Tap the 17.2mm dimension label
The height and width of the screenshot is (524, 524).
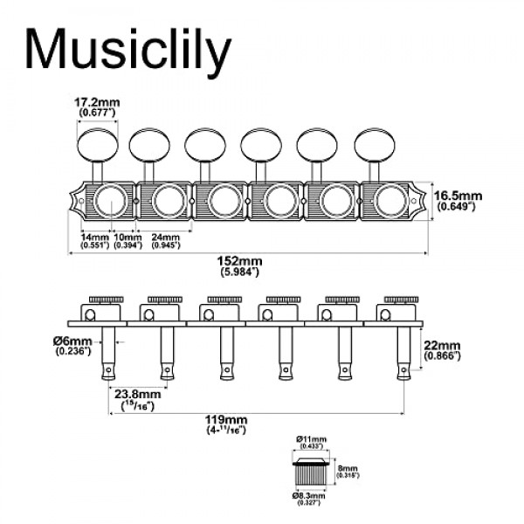click(x=96, y=103)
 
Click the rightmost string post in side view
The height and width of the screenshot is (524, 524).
click(x=401, y=349)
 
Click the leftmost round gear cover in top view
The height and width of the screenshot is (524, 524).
click(x=110, y=202)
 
